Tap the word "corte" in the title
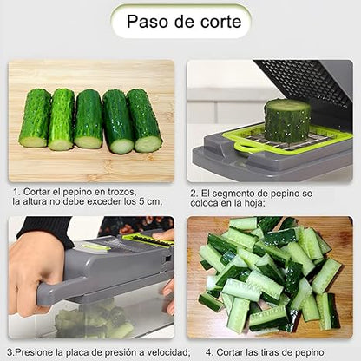(221, 22)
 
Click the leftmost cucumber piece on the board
(35, 118)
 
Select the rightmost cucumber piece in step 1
(144, 120)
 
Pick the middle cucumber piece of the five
(89, 119)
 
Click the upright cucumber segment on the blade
(287, 121)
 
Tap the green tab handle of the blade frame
(245, 146)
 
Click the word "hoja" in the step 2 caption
(253, 203)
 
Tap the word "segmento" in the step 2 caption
(234, 194)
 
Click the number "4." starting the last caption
(210, 352)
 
